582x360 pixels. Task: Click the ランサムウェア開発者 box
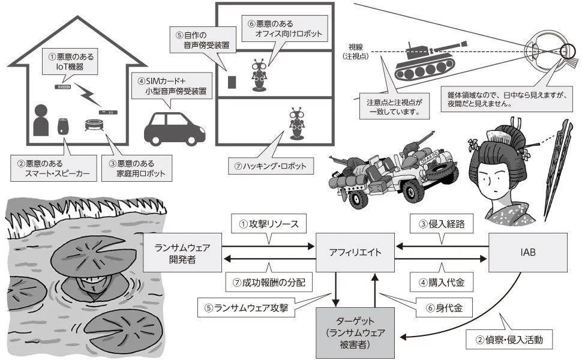182,253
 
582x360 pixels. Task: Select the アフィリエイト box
355,253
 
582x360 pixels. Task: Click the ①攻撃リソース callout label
269,224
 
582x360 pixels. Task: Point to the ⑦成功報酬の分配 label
269,281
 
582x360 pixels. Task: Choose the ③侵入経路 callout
443,224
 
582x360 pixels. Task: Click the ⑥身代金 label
443,310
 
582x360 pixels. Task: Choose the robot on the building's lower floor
295,124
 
